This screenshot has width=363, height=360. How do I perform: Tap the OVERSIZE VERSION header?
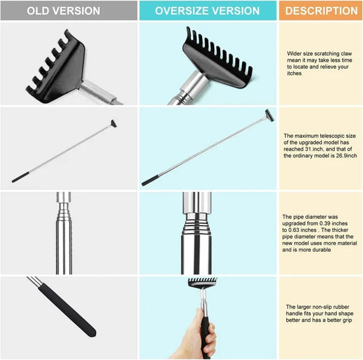(x=208, y=11)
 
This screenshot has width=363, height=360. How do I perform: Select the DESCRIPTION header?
(x=321, y=11)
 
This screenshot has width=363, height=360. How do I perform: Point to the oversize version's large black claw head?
(x=212, y=61)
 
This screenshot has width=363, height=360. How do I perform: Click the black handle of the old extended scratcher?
(x=21, y=178)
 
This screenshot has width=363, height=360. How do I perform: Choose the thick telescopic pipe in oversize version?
(x=196, y=236)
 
